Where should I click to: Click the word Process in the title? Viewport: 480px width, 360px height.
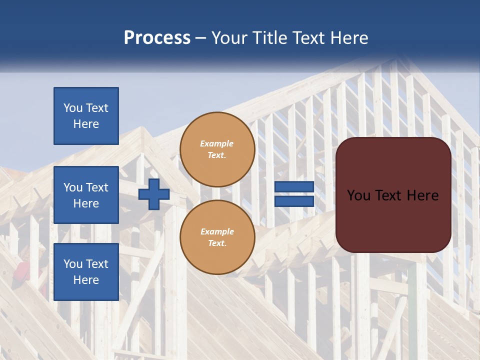tap(157, 38)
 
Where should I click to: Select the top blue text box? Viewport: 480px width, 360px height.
tap(86, 116)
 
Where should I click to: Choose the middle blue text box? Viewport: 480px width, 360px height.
tap(86, 195)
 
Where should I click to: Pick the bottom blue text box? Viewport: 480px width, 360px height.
tap(86, 272)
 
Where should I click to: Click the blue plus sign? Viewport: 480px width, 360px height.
tap(153, 194)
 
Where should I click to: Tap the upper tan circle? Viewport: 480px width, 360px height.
tap(217, 149)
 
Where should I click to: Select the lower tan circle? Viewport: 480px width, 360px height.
tap(217, 237)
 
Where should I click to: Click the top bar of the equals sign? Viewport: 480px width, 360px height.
tap(294, 186)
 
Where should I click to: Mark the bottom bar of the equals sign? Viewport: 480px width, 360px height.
tap(294, 201)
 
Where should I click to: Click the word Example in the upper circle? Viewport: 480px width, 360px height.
tap(217, 143)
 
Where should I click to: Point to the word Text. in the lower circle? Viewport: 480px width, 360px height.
tap(217, 243)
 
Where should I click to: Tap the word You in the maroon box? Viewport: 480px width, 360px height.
tap(358, 195)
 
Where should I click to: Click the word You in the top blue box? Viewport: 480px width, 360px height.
tap(73, 108)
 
